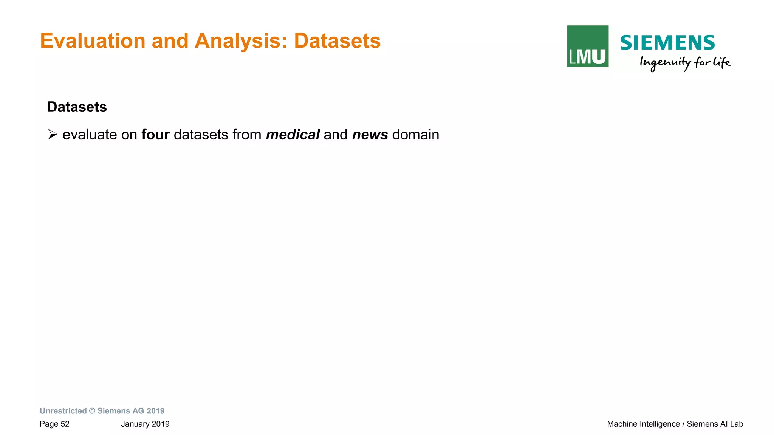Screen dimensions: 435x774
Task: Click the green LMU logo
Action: pyautogui.click(x=587, y=46)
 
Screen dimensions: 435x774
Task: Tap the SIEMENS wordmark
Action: pyautogui.click(x=667, y=42)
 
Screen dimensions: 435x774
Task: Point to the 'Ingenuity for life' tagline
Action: pyautogui.click(x=685, y=63)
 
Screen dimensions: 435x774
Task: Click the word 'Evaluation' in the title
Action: pyautogui.click(x=93, y=41)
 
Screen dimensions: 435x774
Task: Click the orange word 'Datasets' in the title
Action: pyautogui.click(x=337, y=41)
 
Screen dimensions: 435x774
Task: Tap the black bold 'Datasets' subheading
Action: pyautogui.click(x=77, y=107)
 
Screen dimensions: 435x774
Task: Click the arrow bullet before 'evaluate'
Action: pyautogui.click(x=53, y=134)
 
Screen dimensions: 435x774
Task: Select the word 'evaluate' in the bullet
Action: pyautogui.click(x=90, y=135)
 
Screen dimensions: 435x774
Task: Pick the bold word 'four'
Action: pyautogui.click(x=155, y=135)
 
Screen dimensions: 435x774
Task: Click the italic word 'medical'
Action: pyautogui.click(x=293, y=135)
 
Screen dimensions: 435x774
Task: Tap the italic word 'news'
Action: pyautogui.click(x=370, y=135)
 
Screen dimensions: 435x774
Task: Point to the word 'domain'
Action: pyautogui.click(x=416, y=135)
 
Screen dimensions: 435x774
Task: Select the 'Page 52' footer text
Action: pyautogui.click(x=55, y=424)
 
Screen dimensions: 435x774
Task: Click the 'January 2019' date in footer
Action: pyautogui.click(x=145, y=424)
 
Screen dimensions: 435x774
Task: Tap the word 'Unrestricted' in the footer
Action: pyautogui.click(x=63, y=411)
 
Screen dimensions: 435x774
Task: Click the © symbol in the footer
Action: pyautogui.click(x=92, y=411)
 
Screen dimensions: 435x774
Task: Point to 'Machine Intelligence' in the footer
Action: pyautogui.click(x=643, y=424)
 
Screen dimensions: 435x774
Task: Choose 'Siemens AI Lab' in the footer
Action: pyautogui.click(x=715, y=424)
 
